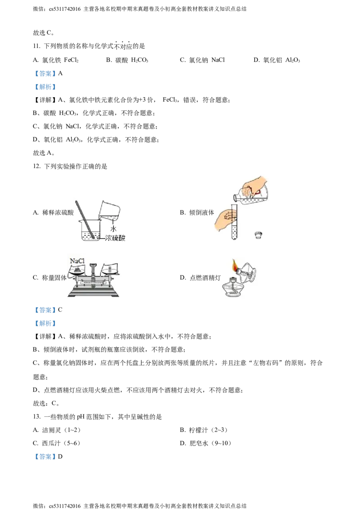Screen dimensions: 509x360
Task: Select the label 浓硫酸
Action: (x=115, y=238)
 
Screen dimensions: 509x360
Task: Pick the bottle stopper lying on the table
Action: (x=259, y=235)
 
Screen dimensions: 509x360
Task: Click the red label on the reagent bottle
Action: (x=258, y=192)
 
